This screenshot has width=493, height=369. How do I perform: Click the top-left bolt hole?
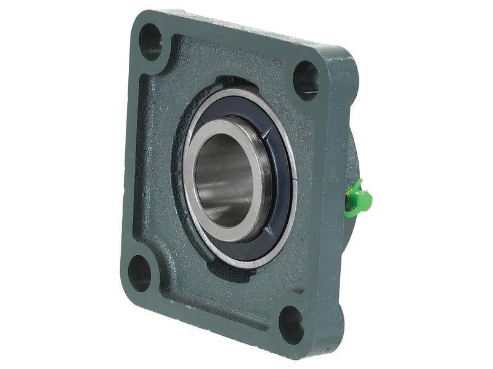[150, 41]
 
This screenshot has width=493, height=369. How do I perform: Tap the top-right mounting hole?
[306, 79]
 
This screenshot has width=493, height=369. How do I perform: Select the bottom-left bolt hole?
[139, 272]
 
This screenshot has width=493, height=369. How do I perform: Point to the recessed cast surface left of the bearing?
[154, 166]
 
